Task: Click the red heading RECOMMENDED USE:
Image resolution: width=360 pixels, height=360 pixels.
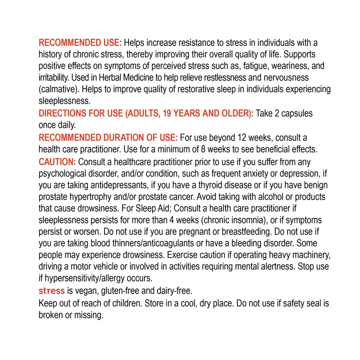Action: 80,43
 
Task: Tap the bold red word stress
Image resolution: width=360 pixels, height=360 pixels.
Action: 51,291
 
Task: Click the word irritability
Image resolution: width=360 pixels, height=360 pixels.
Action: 54,78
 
